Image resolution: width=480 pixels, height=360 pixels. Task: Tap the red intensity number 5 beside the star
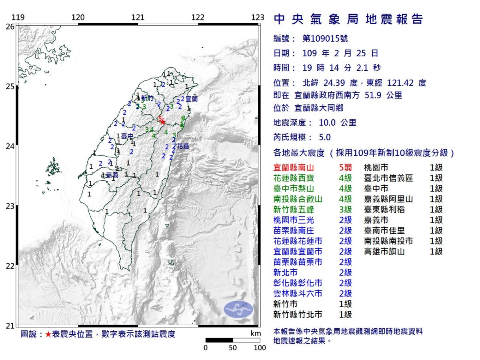[x=160, y=118]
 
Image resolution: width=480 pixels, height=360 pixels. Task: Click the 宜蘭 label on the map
[x=192, y=98]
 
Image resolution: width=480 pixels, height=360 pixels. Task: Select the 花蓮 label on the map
[x=183, y=146]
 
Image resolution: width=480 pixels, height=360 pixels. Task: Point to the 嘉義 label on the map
[x=112, y=175]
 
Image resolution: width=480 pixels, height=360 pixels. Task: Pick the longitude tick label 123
[x=258, y=18]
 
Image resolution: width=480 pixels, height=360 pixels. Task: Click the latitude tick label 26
[x=10, y=26]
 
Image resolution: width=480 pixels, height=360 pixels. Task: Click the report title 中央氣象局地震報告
[x=348, y=19]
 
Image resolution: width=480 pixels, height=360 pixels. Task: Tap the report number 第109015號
[x=325, y=39]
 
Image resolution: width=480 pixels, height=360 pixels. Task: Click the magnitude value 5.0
[x=325, y=137]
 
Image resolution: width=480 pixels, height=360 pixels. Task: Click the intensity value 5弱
[x=345, y=168]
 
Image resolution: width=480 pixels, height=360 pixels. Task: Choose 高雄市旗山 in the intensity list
[x=384, y=252]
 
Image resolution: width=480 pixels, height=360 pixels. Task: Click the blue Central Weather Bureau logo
[x=238, y=309]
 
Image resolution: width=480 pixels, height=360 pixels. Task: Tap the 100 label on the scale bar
[x=260, y=348]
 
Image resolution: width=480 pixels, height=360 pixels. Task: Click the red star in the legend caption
[x=48, y=334]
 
